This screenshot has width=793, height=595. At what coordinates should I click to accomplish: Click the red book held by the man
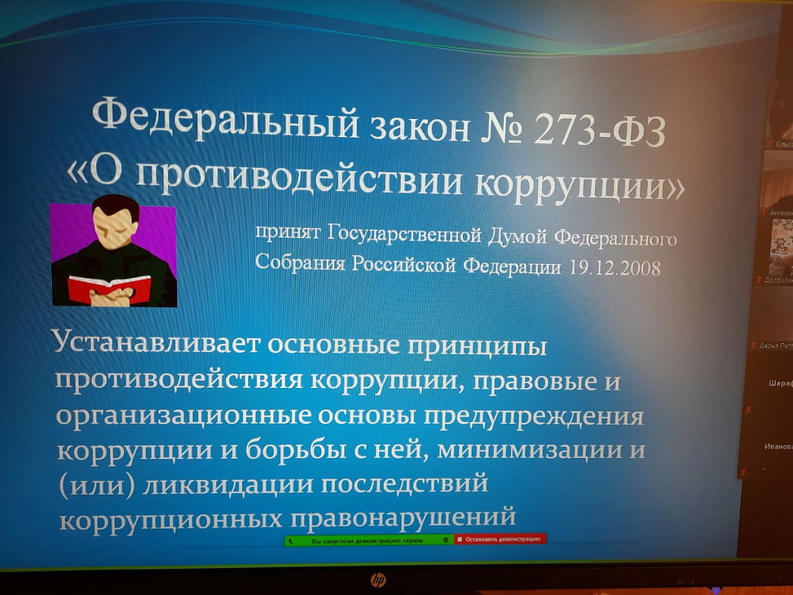click(x=109, y=288)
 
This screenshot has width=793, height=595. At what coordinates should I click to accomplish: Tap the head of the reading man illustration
click(x=115, y=220)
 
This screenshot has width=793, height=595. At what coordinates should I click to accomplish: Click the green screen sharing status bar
click(x=368, y=539)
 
